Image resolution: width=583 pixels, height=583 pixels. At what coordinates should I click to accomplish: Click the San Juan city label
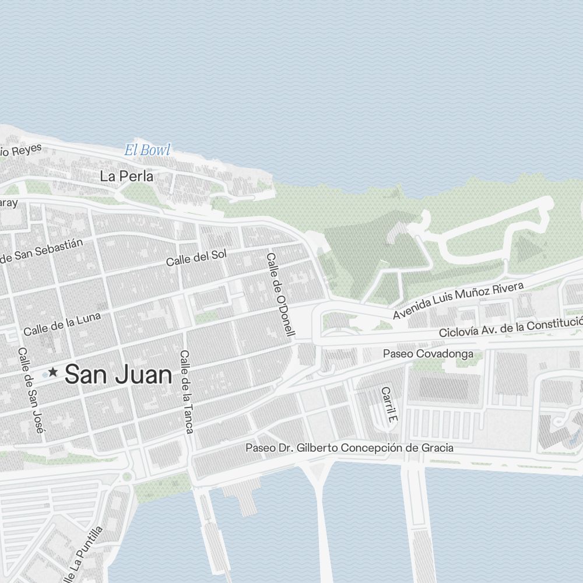(x=118, y=375)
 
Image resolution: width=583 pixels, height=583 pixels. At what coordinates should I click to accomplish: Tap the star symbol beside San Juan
(x=53, y=371)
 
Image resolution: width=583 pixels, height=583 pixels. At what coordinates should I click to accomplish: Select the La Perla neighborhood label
(x=127, y=176)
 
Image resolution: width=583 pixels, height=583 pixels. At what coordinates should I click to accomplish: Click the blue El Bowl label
(x=147, y=150)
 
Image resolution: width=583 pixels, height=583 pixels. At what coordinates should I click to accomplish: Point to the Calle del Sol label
(x=196, y=258)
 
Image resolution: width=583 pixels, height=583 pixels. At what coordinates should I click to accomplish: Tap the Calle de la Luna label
(x=62, y=324)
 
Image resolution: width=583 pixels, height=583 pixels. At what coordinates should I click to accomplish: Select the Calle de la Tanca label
(x=187, y=392)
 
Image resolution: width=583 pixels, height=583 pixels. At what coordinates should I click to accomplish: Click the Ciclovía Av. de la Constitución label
(x=511, y=328)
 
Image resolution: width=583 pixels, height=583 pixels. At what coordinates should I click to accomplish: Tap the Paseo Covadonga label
(x=428, y=354)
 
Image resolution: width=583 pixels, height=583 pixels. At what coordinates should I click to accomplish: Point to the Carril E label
(x=389, y=404)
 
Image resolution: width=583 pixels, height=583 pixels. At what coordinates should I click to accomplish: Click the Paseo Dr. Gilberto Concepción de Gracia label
(x=349, y=448)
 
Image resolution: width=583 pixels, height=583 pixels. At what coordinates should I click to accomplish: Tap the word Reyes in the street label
(x=26, y=149)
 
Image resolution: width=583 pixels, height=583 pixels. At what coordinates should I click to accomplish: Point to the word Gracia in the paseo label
(x=437, y=448)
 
